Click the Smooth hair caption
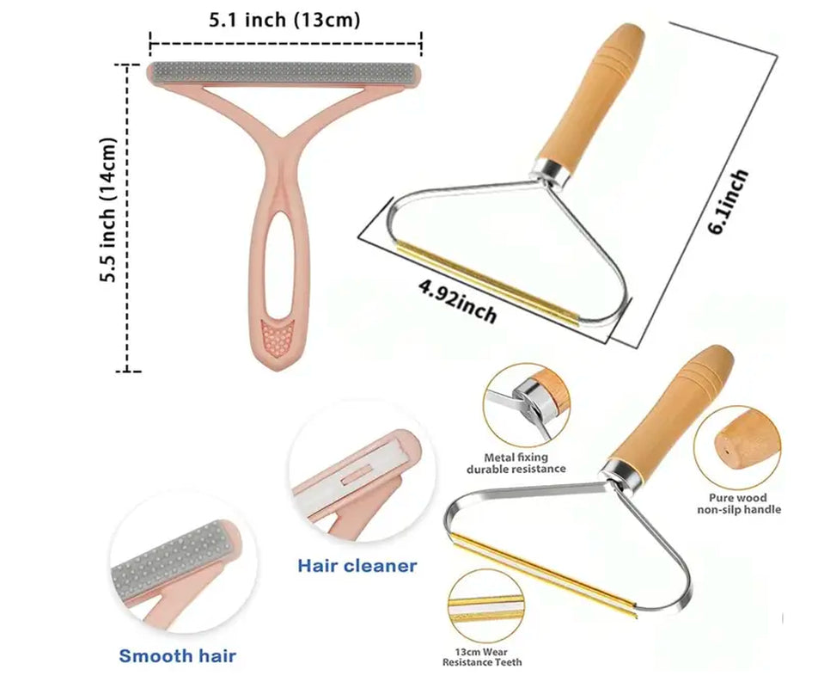point(177,656)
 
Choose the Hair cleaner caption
point(357,565)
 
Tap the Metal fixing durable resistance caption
point(516,463)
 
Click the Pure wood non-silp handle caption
point(744,503)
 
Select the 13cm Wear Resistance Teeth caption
point(482,656)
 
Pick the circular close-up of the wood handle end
point(738,444)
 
